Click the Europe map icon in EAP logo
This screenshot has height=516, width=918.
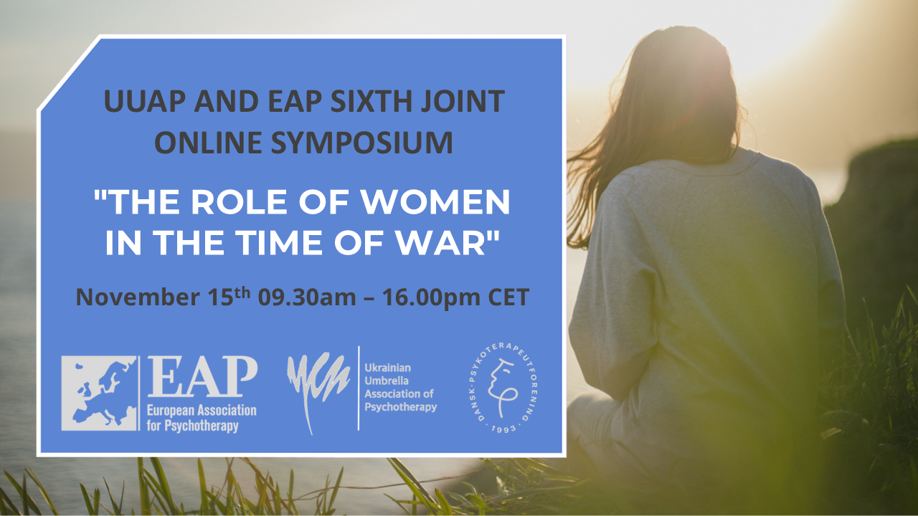tap(99, 393)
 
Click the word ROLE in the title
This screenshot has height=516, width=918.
tap(273, 204)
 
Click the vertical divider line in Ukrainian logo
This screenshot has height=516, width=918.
tap(359, 388)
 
